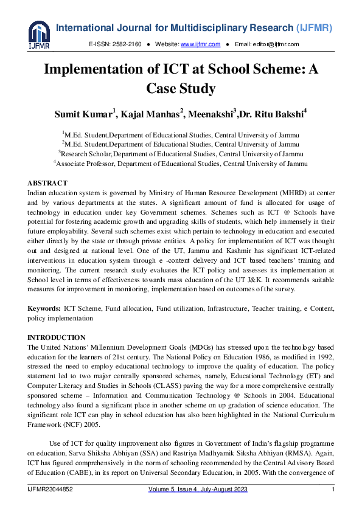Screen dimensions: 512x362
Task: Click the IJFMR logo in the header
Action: click(38, 34)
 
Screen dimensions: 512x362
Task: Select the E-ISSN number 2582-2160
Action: click(127, 44)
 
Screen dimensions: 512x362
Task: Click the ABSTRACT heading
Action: click(47, 183)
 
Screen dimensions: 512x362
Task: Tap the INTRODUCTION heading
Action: click(57, 337)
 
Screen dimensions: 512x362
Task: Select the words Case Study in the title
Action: click(181, 89)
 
